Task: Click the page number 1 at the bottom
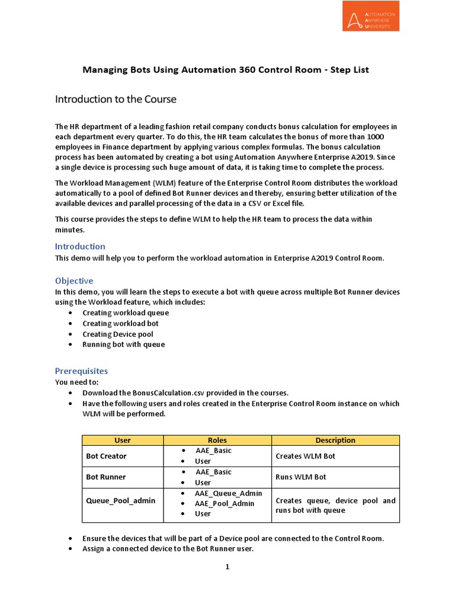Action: pos(227,567)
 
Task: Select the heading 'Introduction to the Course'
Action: pos(116,99)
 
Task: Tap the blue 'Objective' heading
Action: pos(74,280)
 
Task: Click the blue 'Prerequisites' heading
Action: pos(81,370)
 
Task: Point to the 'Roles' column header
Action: pos(217,440)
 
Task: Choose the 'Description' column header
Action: pos(335,440)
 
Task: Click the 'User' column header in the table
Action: pos(122,440)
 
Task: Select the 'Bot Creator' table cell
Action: pos(106,456)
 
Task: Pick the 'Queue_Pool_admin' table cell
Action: pos(121,500)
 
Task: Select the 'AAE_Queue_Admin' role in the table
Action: pos(228,493)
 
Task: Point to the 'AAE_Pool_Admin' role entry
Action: pos(225,503)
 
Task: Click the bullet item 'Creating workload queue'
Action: pos(126,312)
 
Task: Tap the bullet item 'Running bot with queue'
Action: pos(123,344)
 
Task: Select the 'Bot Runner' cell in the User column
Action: pos(105,477)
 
